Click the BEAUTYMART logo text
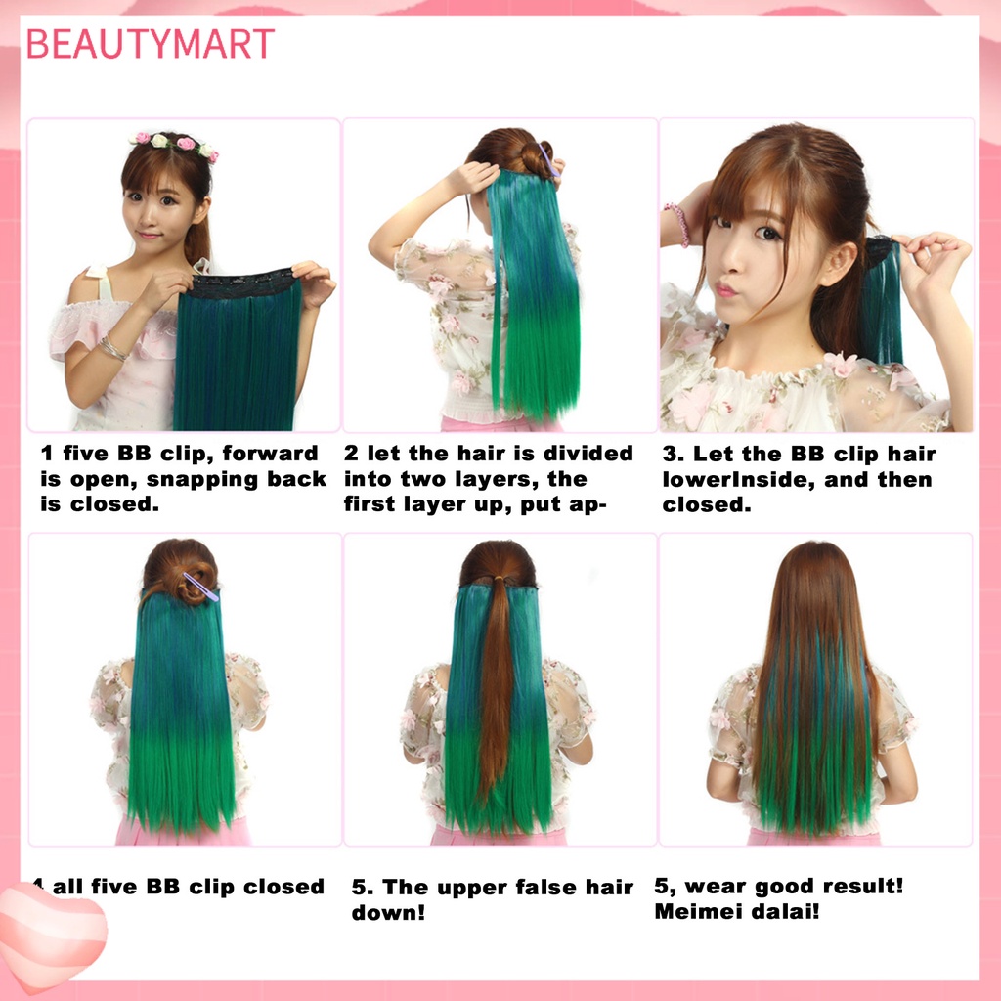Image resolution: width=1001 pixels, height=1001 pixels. point(150,44)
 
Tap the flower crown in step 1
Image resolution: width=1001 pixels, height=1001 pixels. point(174,144)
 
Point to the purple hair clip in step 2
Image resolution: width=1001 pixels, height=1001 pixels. point(548,158)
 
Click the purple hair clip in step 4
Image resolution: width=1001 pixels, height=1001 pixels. point(200,587)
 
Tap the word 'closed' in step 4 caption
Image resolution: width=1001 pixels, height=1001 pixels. point(283,888)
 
